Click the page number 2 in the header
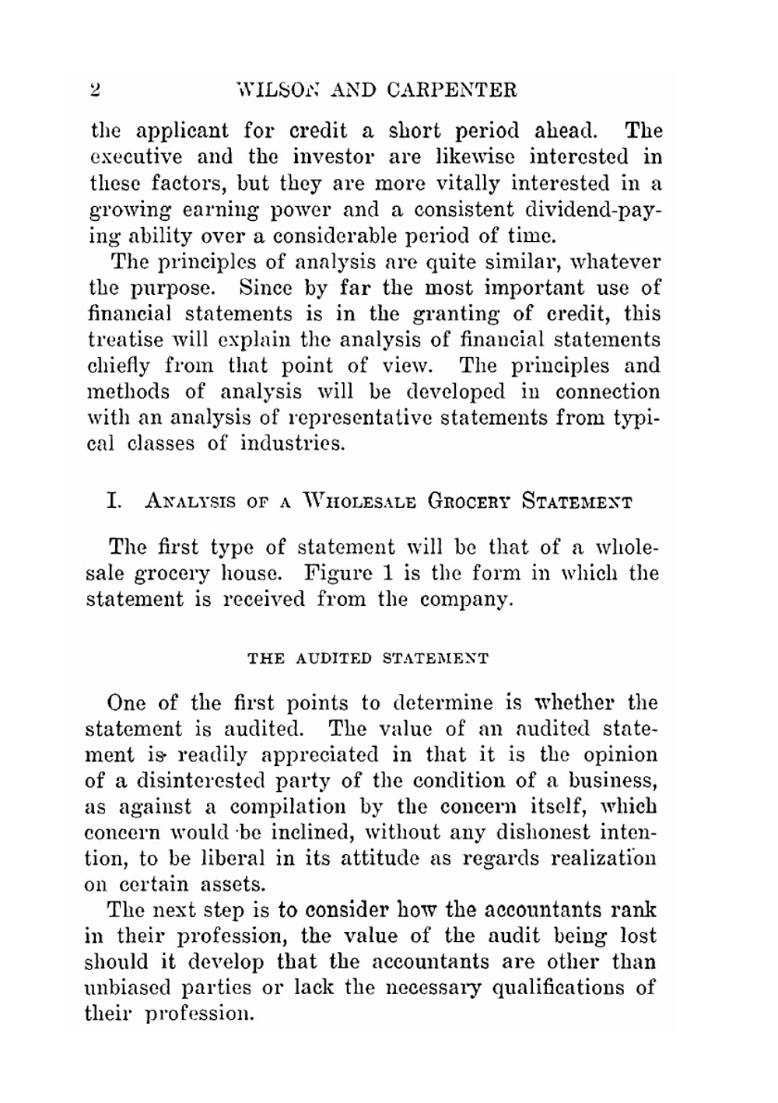pos(95,89)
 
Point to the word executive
pos(133,157)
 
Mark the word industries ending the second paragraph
pos(292,445)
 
